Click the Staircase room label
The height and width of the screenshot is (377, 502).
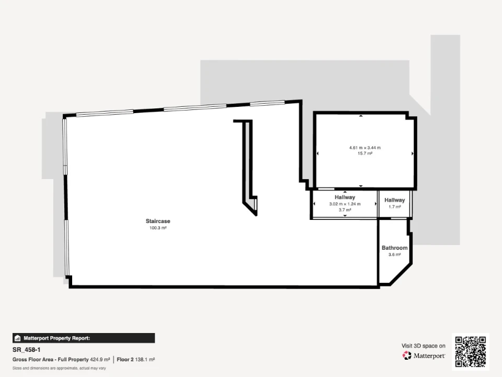(x=158, y=221)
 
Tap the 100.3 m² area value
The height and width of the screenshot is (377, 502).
(x=158, y=228)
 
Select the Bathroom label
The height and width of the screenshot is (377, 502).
(x=394, y=248)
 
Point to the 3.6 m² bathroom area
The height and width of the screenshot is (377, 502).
(x=394, y=254)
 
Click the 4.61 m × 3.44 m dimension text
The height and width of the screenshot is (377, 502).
(x=364, y=148)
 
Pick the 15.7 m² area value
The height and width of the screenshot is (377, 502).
(x=364, y=153)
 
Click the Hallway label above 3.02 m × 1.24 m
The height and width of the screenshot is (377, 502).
(x=345, y=197)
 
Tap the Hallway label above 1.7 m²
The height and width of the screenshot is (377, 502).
(x=394, y=200)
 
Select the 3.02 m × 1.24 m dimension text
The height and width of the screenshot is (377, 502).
(x=345, y=204)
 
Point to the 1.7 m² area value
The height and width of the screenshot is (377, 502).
(x=394, y=207)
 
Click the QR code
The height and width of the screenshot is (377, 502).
(x=470, y=352)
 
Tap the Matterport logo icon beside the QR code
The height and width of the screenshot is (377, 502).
(x=407, y=356)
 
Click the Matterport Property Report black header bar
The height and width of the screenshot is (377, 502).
(x=84, y=338)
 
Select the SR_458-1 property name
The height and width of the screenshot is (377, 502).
(x=26, y=350)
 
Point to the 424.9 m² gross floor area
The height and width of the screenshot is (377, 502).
(x=100, y=360)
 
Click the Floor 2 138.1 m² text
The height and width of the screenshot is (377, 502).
(x=136, y=360)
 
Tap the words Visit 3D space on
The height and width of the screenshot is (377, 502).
(x=423, y=346)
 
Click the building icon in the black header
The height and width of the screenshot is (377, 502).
(x=18, y=338)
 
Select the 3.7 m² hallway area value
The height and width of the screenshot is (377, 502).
(x=345, y=210)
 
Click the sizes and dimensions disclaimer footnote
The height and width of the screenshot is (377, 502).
(x=59, y=368)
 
